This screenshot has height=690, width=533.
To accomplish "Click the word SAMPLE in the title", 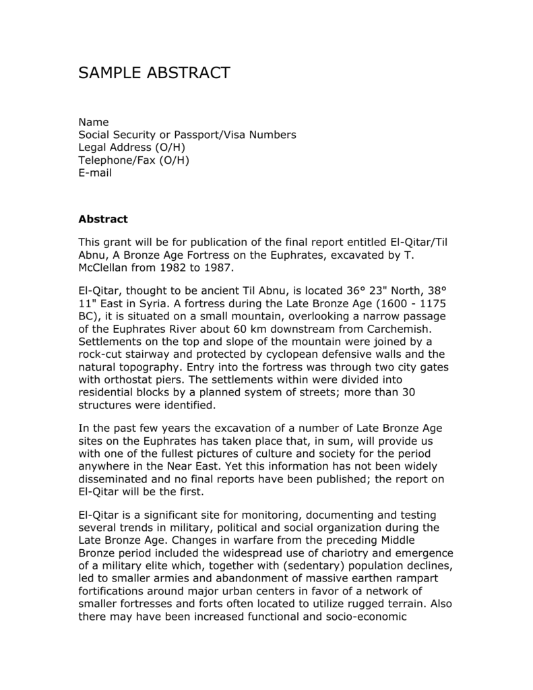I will tap(112, 73).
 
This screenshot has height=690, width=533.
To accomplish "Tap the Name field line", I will tap(94, 122).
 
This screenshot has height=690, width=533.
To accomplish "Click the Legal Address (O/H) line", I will tap(132, 148).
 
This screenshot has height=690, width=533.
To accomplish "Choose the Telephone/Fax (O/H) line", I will tap(134, 160).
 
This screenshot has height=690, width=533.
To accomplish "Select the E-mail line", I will tap(95, 173).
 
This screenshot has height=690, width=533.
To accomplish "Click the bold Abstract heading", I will tap(103, 219).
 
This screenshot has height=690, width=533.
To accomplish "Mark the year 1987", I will tap(218, 268).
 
